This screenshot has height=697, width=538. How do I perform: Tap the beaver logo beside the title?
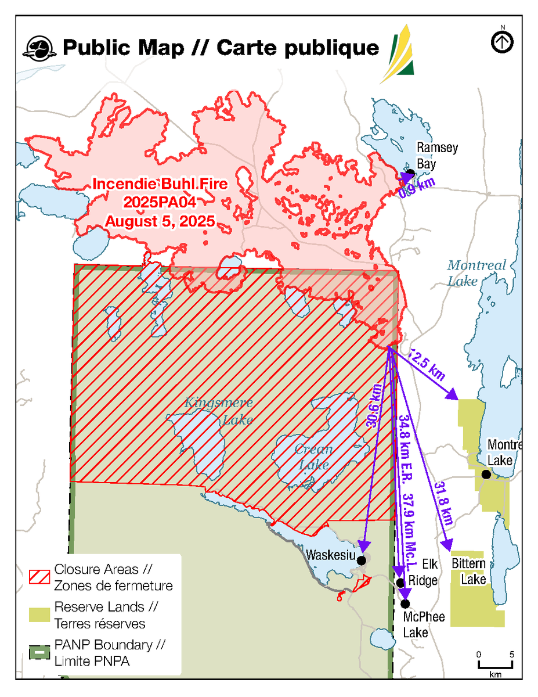(39, 48)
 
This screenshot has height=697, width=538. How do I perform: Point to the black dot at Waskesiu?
(362, 560)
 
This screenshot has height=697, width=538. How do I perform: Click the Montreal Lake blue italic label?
(476, 273)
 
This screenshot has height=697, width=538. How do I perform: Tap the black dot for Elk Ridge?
(400, 582)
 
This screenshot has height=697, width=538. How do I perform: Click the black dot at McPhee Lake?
(405, 603)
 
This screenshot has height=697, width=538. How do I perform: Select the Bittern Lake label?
(468, 571)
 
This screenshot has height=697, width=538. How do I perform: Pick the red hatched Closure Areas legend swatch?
(39, 576)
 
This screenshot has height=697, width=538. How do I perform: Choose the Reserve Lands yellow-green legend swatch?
(39, 615)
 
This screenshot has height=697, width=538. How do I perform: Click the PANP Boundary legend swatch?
(39, 653)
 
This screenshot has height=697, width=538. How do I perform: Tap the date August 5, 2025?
(160, 221)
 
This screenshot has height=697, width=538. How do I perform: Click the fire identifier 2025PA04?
(160, 203)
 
